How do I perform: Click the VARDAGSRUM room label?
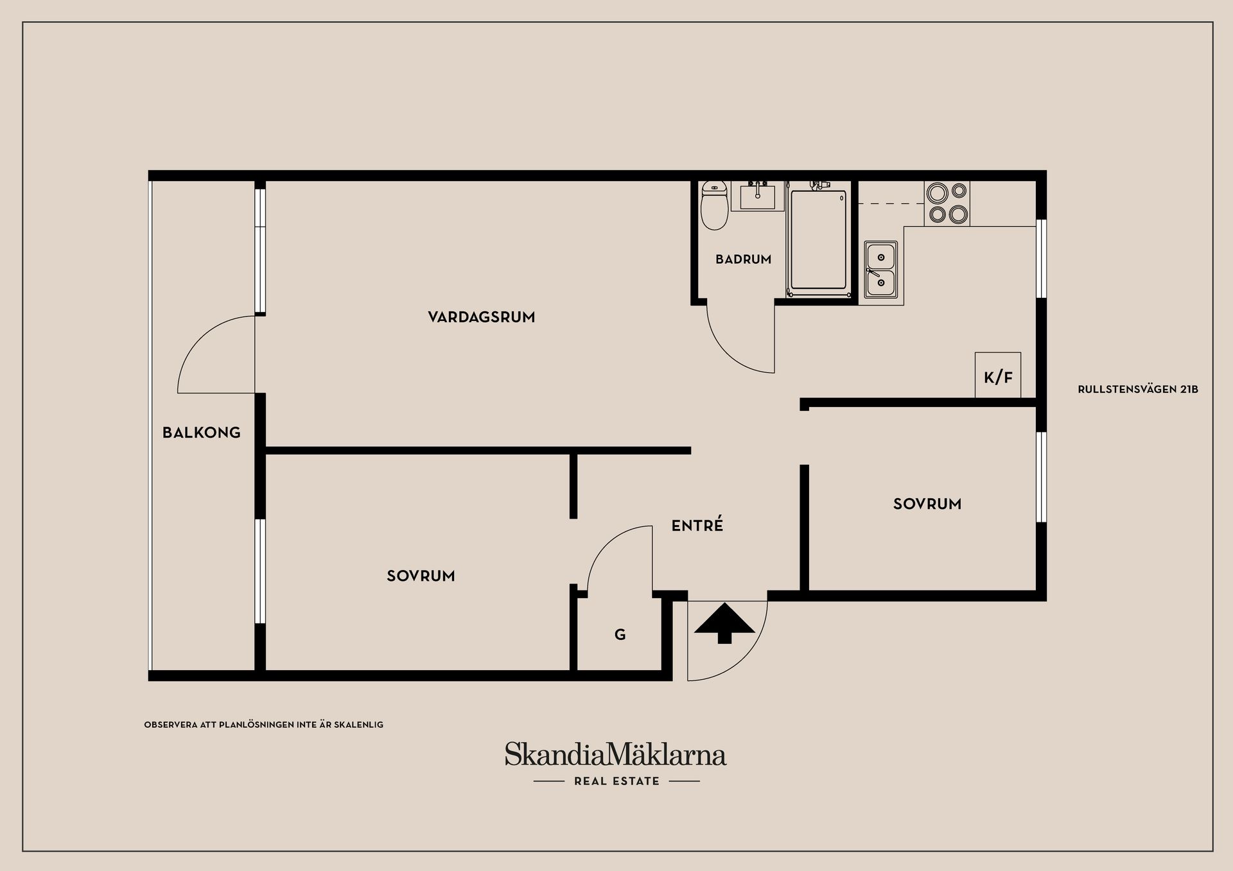481,317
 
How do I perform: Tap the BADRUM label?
743,259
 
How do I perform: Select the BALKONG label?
201,433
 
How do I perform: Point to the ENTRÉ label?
697,526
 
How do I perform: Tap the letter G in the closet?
620,635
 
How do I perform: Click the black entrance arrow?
724,623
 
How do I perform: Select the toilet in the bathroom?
713,205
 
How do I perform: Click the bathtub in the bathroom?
818,241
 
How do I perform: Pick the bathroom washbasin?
757,196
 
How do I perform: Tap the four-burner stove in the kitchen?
947,203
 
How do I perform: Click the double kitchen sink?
880,270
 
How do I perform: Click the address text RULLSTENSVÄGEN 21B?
1137,390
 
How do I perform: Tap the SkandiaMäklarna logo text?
615,755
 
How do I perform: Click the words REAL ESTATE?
616,781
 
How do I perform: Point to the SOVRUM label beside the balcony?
421,576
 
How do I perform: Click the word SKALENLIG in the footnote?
358,725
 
